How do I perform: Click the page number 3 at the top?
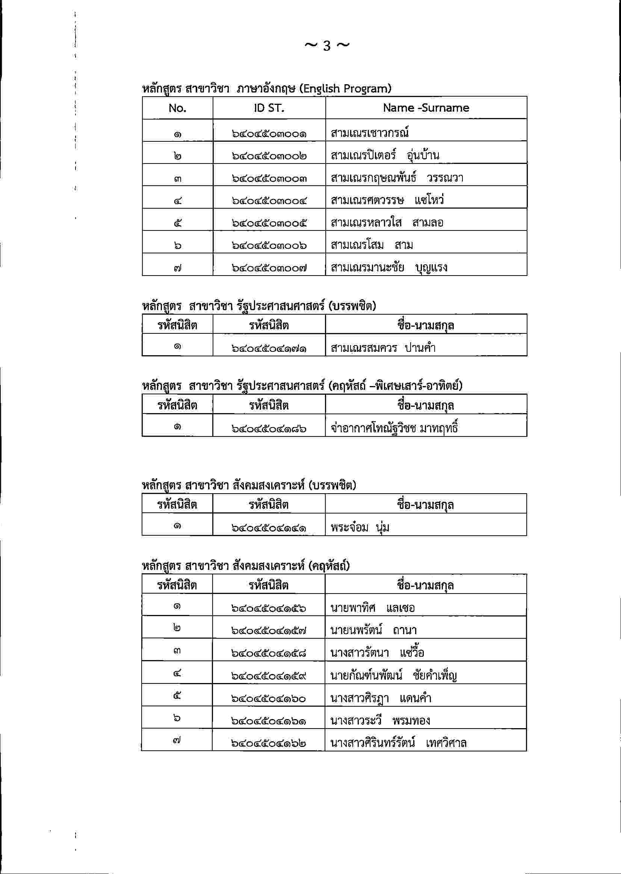326,46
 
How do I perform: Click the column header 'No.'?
177,108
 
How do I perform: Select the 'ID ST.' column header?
269,108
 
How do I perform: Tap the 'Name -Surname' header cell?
426,108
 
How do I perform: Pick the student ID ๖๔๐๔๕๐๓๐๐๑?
269,134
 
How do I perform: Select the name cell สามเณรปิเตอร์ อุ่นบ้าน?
385,155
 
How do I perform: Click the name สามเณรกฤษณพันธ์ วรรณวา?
397,178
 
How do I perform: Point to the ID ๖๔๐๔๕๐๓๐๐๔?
269,200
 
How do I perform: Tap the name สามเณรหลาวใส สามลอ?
387,222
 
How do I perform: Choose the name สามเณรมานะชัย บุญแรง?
389,267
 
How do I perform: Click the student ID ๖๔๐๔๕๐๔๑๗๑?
269,348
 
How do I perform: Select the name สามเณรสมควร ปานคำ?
383,348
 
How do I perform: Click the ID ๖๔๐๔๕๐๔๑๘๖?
269,429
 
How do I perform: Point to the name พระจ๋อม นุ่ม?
360,528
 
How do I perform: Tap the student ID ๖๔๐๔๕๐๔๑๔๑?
269,529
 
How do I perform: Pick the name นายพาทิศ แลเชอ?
372,608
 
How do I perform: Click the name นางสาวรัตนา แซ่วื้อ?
377,653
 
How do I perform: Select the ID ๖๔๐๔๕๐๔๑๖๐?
269,698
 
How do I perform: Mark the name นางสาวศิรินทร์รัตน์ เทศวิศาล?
398,743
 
